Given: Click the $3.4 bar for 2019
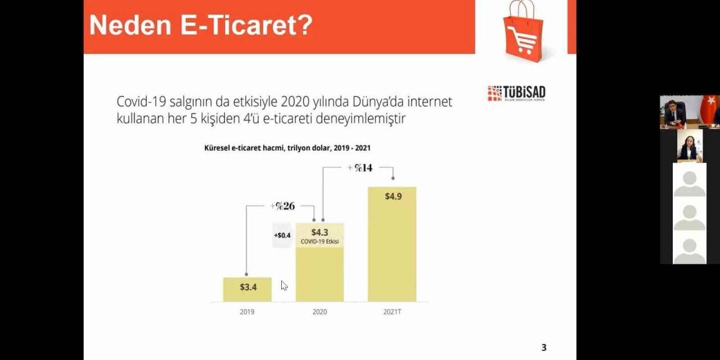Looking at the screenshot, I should [247, 289].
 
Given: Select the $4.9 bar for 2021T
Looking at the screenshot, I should [392, 244].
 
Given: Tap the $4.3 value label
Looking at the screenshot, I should [319, 232].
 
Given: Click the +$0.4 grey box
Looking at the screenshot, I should [282, 236].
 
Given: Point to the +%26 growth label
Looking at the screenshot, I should [282, 206].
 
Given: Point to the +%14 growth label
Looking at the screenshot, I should [360, 168].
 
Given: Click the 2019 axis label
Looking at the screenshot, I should [247, 312].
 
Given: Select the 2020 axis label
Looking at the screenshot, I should [319, 312].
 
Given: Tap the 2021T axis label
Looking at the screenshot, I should [392, 312].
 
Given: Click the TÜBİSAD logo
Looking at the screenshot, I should [516, 93].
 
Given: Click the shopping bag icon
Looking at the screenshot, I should [523, 31].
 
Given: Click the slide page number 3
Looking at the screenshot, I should [543, 348].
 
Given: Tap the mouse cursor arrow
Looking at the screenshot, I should [284, 286].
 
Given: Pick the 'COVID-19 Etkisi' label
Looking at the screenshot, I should [320, 241].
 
